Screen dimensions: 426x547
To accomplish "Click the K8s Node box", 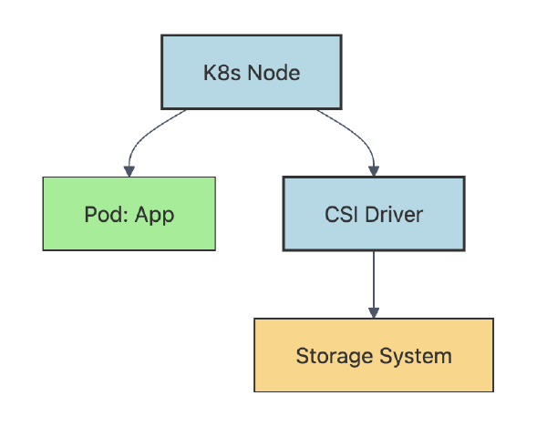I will pyautogui.click(x=251, y=73).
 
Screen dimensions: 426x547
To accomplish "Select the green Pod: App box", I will pyautogui.click(x=129, y=214).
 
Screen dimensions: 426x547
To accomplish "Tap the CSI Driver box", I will pyautogui.click(x=373, y=214).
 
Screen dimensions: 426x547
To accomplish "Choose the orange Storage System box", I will pyautogui.click(x=373, y=355).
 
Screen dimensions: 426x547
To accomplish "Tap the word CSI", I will pyautogui.click(x=341, y=215).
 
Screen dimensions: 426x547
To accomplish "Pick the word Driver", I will pyautogui.click(x=393, y=215).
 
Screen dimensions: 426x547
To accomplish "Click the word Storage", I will pyautogui.click(x=332, y=356).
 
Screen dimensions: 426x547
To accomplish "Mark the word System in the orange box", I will pyautogui.click(x=415, y=356).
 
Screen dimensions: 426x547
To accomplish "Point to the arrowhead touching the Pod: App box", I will pyautogui.click(x=129, y=170).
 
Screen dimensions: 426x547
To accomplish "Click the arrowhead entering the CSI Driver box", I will pyautogui.click(x=373, y=170).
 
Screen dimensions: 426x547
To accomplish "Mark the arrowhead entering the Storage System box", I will pyautogui.click(x=373, y=312).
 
